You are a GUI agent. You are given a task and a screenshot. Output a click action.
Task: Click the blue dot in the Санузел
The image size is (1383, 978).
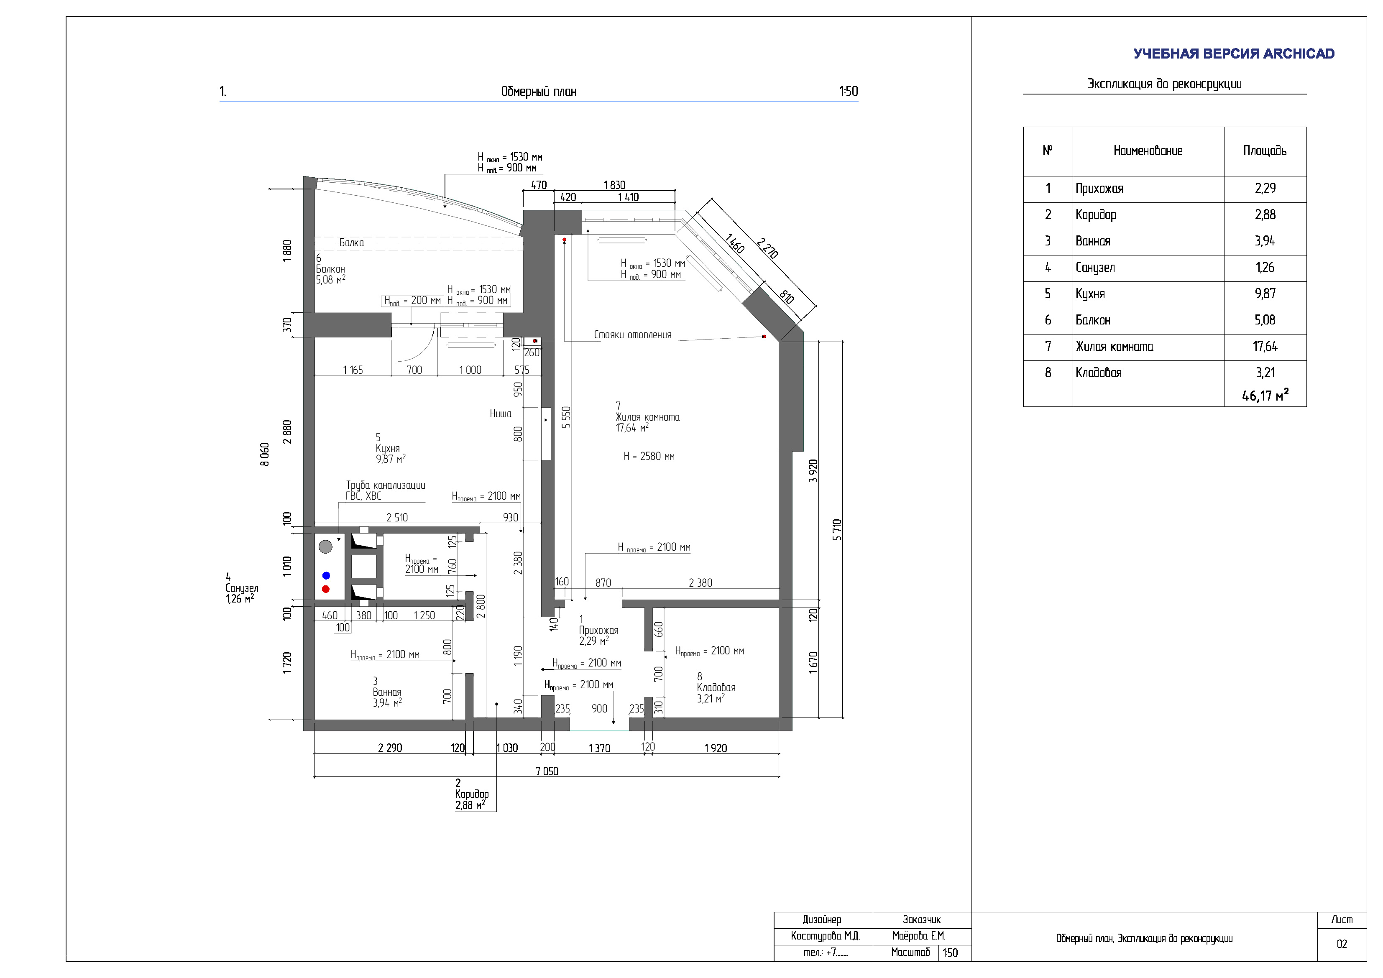(326, 576)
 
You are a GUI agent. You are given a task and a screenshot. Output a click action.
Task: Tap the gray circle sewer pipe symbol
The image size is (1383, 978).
(325, 547)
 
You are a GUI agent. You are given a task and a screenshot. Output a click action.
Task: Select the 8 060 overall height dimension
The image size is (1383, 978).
(264, 454)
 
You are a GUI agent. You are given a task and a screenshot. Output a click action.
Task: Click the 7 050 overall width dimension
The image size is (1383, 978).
(546, 771)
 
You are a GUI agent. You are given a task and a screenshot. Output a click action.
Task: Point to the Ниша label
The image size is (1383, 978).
(501, 414)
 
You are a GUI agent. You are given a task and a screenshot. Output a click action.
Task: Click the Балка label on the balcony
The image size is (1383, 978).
(351, 243)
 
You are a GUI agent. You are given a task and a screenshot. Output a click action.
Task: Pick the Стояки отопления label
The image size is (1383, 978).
(632, 335)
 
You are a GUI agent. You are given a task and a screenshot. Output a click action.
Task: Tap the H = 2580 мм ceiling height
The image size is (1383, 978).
(649, 457)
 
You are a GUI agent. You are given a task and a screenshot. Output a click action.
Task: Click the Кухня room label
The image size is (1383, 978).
(387, 449)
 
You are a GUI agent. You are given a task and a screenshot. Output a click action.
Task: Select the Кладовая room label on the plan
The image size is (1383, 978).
(716, 688)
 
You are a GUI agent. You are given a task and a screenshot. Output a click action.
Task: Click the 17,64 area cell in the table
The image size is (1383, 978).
(1265, 346)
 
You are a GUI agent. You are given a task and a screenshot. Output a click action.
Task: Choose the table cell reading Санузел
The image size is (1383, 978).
(1095, 267)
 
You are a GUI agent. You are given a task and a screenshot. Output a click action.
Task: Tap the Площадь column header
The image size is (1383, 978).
(1265, 151)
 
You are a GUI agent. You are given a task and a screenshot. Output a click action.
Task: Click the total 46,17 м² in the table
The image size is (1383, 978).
(1265, 396)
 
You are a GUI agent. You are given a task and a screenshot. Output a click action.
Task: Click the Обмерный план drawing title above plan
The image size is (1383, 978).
(539, 92)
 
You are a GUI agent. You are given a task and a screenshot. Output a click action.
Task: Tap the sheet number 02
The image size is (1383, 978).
(1342, 944)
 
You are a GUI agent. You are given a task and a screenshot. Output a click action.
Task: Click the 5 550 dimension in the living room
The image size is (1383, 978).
(565, 417)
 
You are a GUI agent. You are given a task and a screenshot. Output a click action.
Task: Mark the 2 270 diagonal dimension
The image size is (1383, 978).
(767, 248)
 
